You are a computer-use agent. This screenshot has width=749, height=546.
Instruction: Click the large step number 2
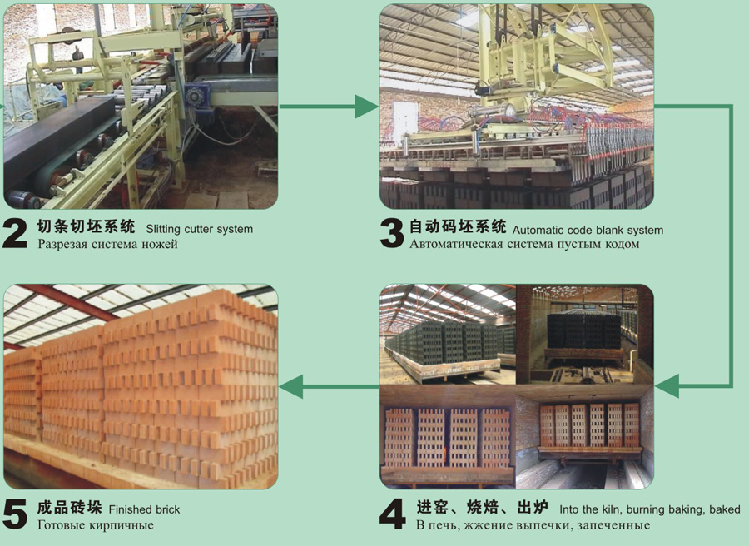point(15,234)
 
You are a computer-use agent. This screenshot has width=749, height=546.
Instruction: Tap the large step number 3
point(392,234)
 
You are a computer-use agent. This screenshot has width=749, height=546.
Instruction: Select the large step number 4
point(393,514)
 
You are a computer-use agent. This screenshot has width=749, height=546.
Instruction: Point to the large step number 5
point(15,514)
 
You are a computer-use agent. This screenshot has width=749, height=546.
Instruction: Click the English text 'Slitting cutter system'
point(199,229)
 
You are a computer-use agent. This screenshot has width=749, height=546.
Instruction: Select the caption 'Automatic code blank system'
point(588,231)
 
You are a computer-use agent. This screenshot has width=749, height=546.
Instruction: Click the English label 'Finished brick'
point(144,509)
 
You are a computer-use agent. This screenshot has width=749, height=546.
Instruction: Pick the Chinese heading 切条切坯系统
point(86,226)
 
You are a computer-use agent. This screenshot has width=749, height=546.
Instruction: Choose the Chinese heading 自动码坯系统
point(458,226)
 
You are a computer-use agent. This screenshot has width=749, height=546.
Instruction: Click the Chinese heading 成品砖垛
point(70,508)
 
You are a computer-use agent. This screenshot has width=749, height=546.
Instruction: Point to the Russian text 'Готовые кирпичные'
point(96,525)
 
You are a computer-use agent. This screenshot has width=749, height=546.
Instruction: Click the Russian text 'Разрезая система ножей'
point(107,244)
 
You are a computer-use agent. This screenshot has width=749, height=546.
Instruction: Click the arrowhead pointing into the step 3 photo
point(366,106)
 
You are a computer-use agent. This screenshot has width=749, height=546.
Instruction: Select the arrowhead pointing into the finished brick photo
point(291,386)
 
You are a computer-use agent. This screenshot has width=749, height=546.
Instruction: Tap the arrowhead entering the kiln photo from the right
point(667,386)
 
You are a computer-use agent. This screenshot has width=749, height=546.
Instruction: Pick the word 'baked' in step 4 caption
point(725,509)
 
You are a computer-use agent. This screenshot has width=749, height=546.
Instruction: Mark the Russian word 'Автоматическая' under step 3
point(456,244)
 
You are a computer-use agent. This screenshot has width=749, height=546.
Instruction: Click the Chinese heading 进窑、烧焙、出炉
point(482,507)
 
